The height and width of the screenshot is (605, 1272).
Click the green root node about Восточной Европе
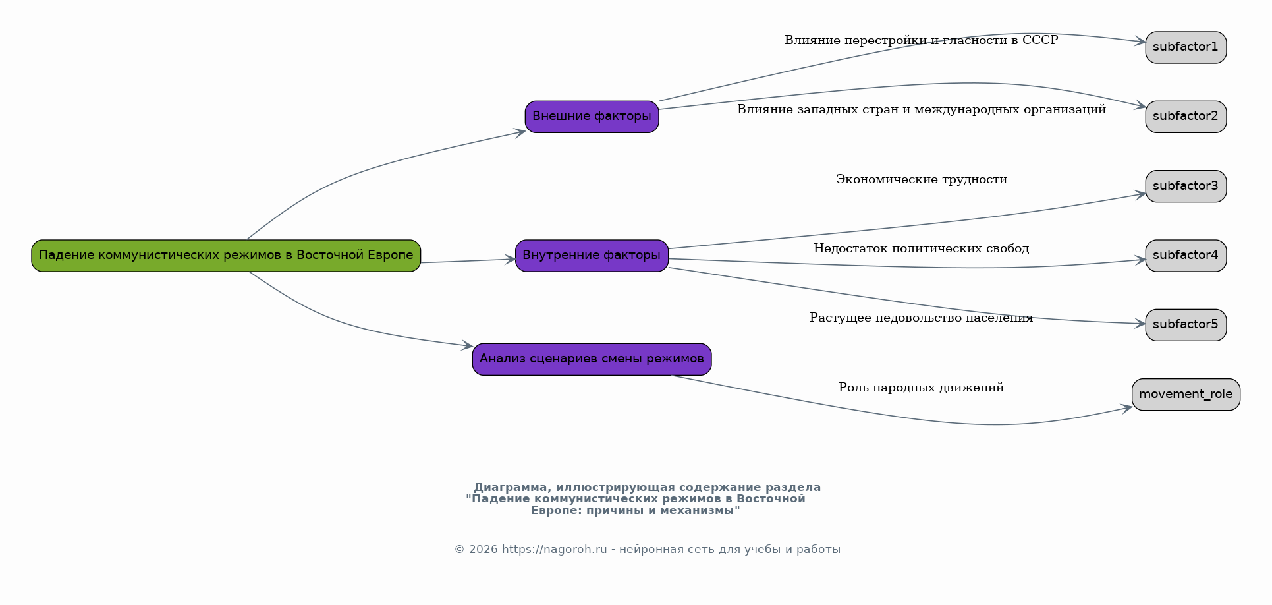click(226, 256)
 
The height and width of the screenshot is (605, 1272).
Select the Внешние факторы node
click(592, 117)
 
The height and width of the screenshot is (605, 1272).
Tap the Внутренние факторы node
click(592, 256)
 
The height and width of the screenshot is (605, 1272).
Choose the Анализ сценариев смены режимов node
click(592, 359)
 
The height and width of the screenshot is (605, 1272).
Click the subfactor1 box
click(1186, 47)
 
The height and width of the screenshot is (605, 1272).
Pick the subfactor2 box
click(1186, 117)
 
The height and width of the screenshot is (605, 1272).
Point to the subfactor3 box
click(1186, 187)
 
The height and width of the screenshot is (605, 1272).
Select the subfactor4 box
click(1186, 256)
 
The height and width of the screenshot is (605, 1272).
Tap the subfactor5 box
click(1186, 325)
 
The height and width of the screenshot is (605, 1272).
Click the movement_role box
click(1186, 395)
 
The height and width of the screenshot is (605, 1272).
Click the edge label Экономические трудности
click(921, 179)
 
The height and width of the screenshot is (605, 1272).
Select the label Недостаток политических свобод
click(921, 248)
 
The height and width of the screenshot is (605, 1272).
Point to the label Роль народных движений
click(921, 388)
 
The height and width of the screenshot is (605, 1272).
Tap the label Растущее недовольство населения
click(921, 318)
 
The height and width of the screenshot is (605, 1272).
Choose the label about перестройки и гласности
click(921, 40)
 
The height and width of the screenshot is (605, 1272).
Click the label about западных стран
click(921, 109)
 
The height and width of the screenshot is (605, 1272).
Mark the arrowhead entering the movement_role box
click(1127, 409)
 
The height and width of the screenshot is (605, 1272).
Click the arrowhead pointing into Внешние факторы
click(520, 132)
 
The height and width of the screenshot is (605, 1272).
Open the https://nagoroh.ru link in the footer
click(554, 550)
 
